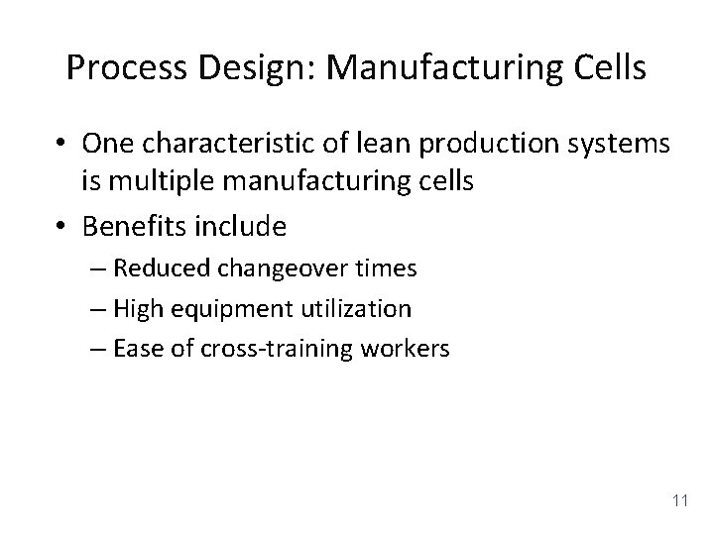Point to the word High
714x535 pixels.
(x=134, y=309)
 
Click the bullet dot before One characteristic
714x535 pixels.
(x=61, y=146)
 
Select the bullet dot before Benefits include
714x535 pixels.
(x=61, y=228)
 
